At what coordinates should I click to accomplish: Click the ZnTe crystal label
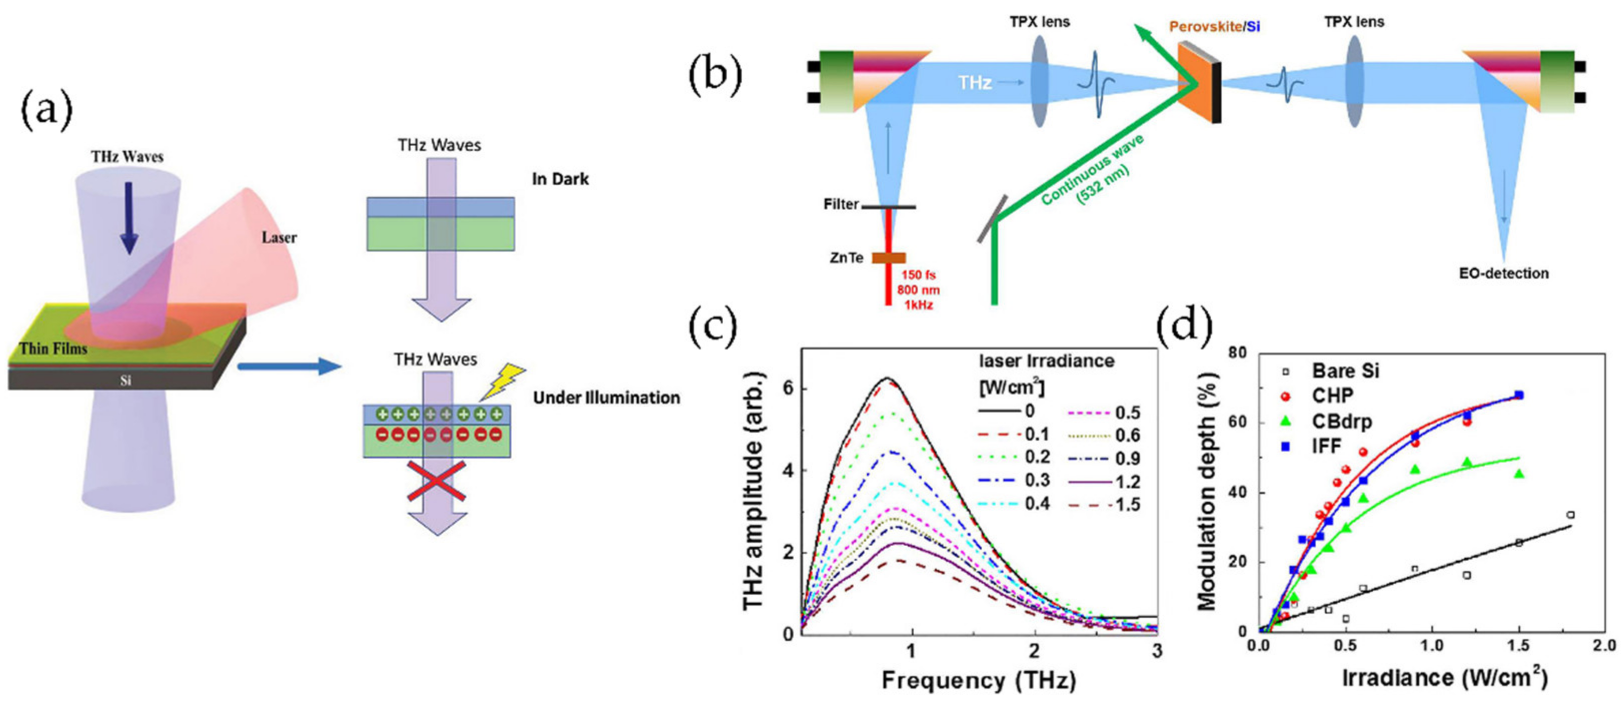846,258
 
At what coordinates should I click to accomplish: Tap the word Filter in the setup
841,204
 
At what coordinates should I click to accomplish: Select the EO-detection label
1503,273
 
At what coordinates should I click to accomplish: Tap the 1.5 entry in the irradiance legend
1127,505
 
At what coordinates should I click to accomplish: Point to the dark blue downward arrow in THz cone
129,217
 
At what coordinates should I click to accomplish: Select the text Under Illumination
606,398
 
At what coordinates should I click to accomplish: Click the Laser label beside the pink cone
279,237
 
